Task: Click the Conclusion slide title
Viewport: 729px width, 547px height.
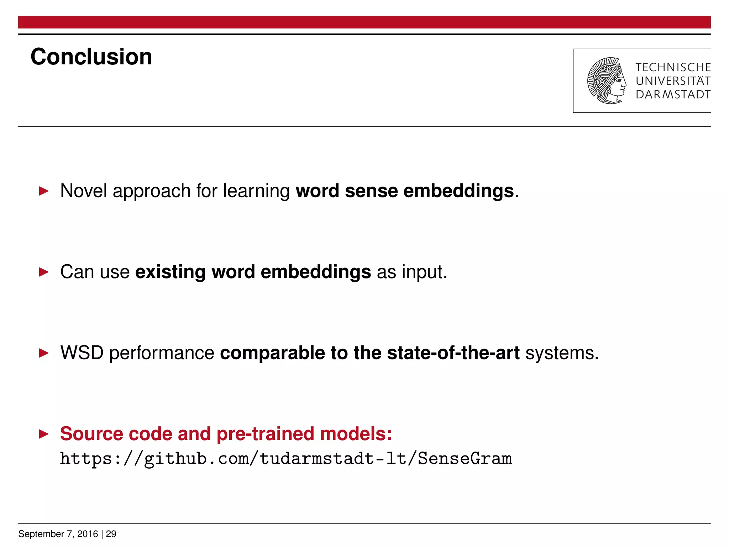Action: pos(91,57)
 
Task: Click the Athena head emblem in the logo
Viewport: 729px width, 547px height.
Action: pos(607,81)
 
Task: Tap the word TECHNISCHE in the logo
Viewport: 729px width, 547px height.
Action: pos(673,67)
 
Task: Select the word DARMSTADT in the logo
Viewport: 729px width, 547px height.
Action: pos(673,95)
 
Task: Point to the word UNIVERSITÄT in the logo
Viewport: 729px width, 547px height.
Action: pos(673,81)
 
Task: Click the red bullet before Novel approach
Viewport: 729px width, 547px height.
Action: pos(43,191)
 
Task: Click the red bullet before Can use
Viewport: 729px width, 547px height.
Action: pos(43,272)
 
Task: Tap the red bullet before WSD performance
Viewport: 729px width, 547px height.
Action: pos(43,353)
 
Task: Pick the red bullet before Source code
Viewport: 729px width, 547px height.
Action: pos(43,434)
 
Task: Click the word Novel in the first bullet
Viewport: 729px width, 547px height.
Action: pos(83,191)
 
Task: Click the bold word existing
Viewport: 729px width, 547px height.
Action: pos(170,272)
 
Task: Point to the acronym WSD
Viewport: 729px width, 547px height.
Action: pos(82,353)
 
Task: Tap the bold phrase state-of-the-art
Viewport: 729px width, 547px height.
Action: pos(453,353)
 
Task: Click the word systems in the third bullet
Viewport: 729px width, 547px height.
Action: pos(561,353)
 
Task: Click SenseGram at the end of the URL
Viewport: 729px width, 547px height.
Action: pos(465,458)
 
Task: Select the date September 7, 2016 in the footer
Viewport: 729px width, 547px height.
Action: pos(58,534)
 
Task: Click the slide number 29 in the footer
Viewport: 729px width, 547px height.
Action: pos(111,534)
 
